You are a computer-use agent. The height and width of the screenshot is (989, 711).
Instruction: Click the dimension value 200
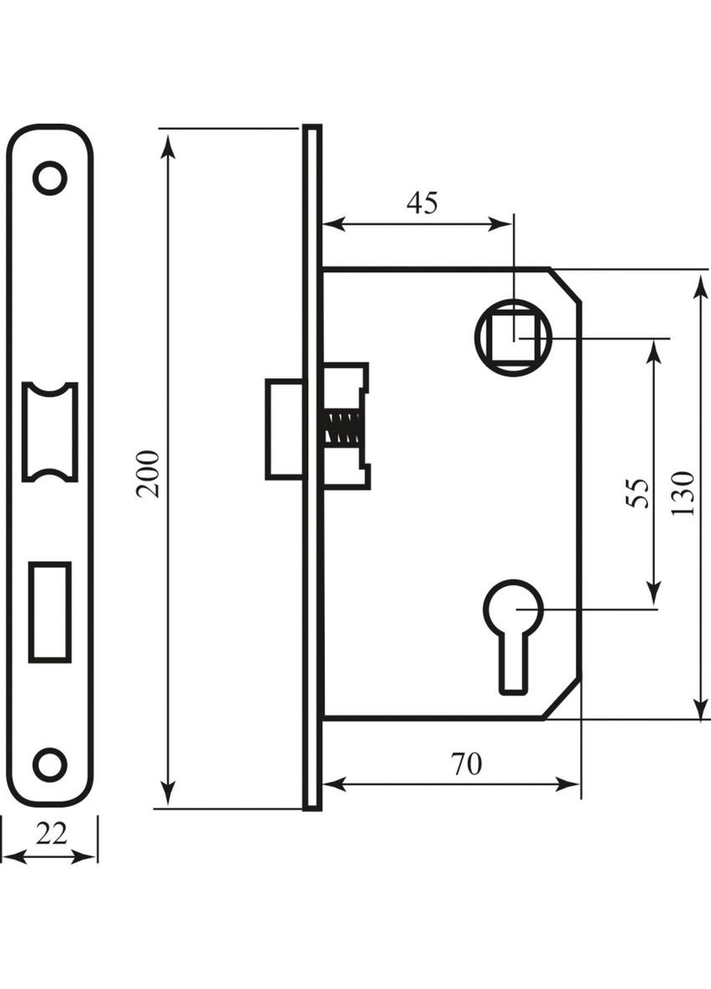pyautogui.click(x=148, y=474)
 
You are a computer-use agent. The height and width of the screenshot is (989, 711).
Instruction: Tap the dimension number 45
pyautogui.click(x=422, y=202)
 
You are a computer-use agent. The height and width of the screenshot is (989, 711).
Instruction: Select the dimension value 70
pyautogui.click(x=466, y=763)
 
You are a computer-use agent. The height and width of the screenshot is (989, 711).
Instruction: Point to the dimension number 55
pyautogui.click(x=637, y=493)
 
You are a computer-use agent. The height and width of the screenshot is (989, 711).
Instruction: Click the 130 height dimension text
pyautogui.click(x=683, y=493)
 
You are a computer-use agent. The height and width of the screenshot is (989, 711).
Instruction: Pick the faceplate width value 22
pyautogui.click(x=51, y=834)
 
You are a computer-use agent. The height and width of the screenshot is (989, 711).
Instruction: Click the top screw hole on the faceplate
pyautogui.click(x=50, y=179)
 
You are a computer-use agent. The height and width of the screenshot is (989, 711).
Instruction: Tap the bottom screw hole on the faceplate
pyautogui.click(x=50, y=764)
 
